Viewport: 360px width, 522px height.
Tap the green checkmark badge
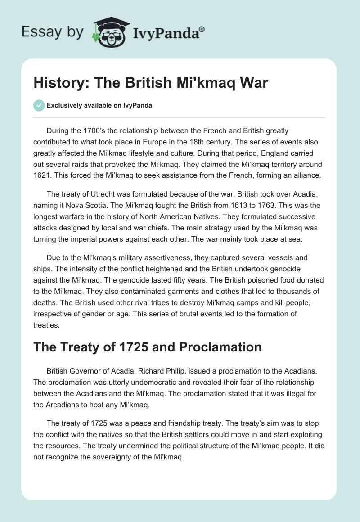(39, 105)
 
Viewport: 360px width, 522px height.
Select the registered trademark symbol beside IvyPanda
(202, 28)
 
